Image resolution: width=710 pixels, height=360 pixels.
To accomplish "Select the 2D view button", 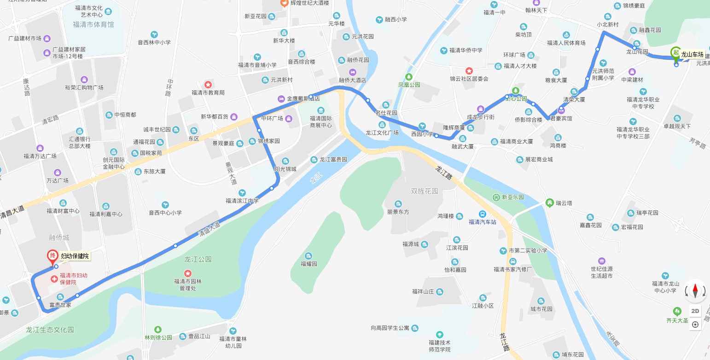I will (x=695, y=311).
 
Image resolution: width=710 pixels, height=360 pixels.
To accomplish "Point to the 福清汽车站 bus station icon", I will (x=482, y=214).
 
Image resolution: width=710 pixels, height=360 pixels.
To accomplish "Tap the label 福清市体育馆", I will (x=93, y=24).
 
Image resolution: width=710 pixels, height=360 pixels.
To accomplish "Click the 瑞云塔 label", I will (x=564, y=203).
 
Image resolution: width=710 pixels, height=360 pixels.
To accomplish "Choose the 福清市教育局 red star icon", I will (x=208, y=85).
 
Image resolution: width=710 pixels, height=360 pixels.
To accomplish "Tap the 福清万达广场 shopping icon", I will (x=40, y=148).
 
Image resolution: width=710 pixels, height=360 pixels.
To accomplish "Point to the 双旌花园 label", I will (x=425, y=191).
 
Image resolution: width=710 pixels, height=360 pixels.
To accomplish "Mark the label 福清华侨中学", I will (x=466, y=50).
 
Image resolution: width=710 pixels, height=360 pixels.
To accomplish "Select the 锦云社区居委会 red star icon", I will (x=469, y=71).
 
